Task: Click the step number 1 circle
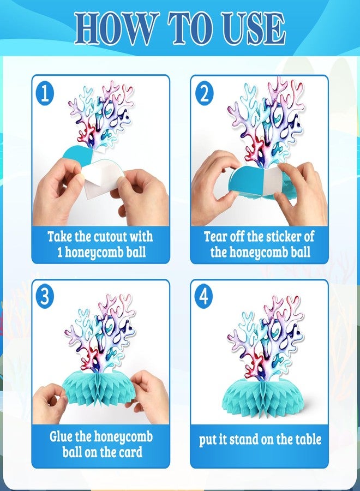pyautogui.click(x=45, y=93)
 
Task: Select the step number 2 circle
pyautogui.click(x=204, y=93)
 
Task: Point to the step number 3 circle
pyautogui.click(x=45, y=296)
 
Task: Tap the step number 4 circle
pyautogui.click(x=204, y=296)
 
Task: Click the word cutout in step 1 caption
pyautogui.click(x=110, y=236)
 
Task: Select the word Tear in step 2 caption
pyautogui.click(x=215, y=236)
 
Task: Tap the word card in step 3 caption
pyautogui.click(x=131, y=452)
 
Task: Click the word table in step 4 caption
pyautogui.click(x=308, y=439)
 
